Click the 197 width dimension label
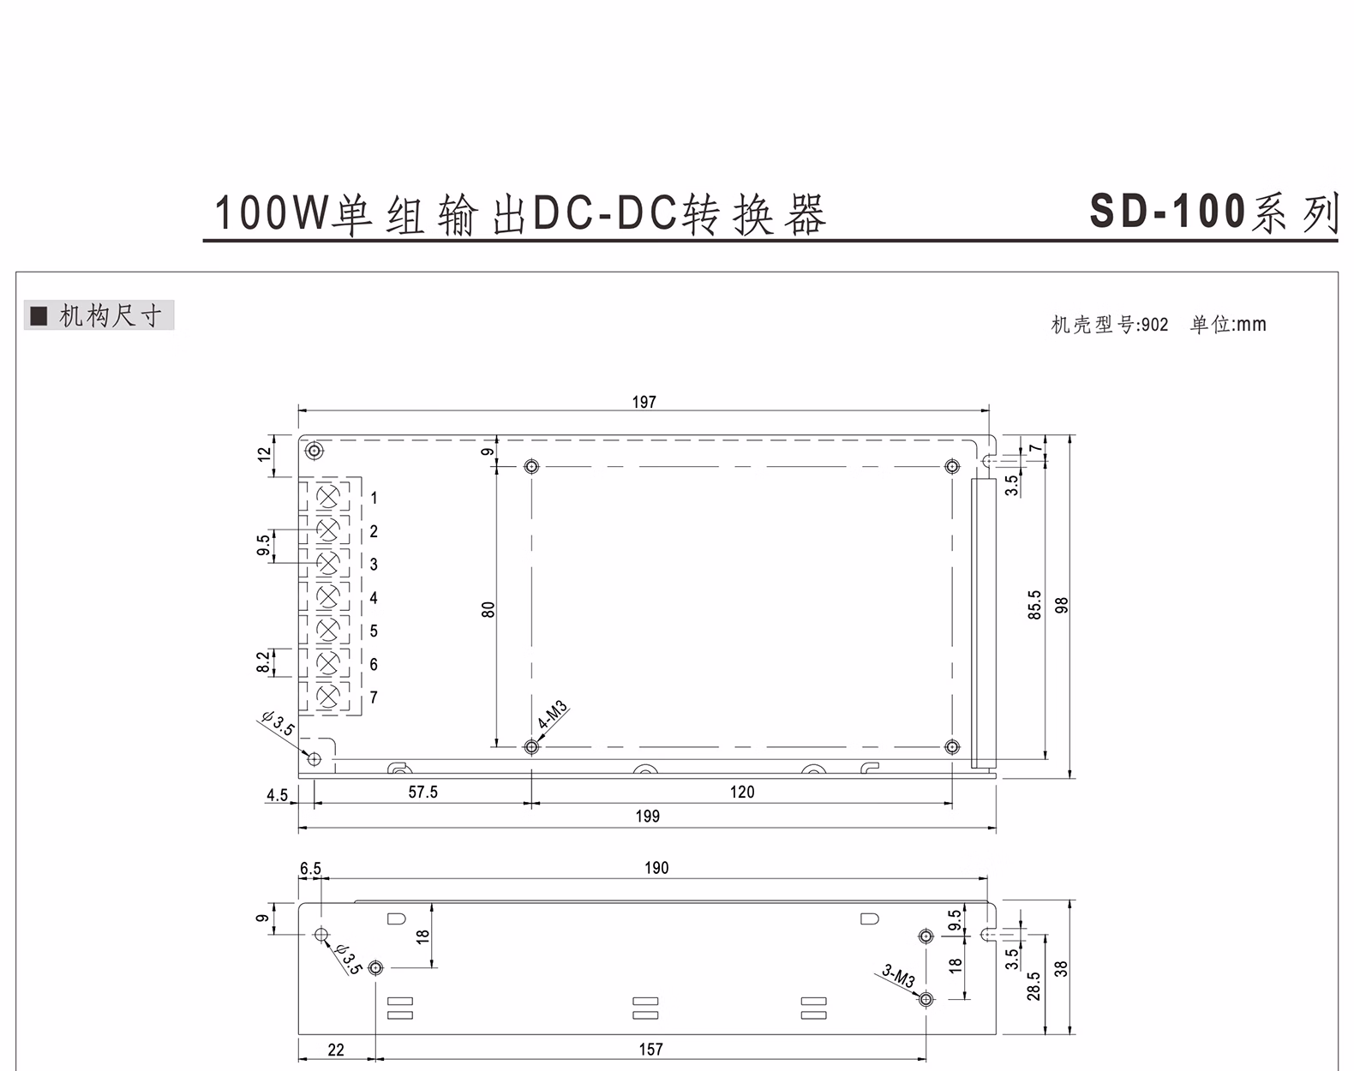pyautogui.click(x=644, y=402)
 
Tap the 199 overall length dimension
pyautogui.click(x=647, y=817)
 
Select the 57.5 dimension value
pyautogui.click(x=422, y=792)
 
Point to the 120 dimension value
pyautogui.click(x=742, y=792)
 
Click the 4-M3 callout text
pyautogui.click(x=553, y=715)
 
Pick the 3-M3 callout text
pyautogui.click(x=898, y=976)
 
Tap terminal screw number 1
pyautogui.click(x=328, y=497)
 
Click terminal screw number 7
pyautogui.click(x=328, y=697)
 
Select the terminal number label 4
pyautogui.click(x=374, y=598)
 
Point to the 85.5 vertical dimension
pyautogui.click(x=1034, y=605)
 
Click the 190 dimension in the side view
pyautogui.click(x=656, y=868)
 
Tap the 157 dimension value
pyautogui.click(x=650, y=1049)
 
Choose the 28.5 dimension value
pyautogui.click(x=1033, y=985)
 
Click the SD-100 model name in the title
pyautogui.click(x=1168, y=211)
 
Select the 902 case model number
pyautogui.click(x=1154, y=325)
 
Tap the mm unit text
pyautogui.click(x=1251, y=325)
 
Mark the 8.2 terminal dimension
pyautogui.click(x=263, y=661)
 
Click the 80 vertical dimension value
pyautogui.click(x=488, y=609)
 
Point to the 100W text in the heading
pyautogui.click(x=272, y=213)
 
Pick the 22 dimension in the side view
pyautogui.click(x=336, y=1050)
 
